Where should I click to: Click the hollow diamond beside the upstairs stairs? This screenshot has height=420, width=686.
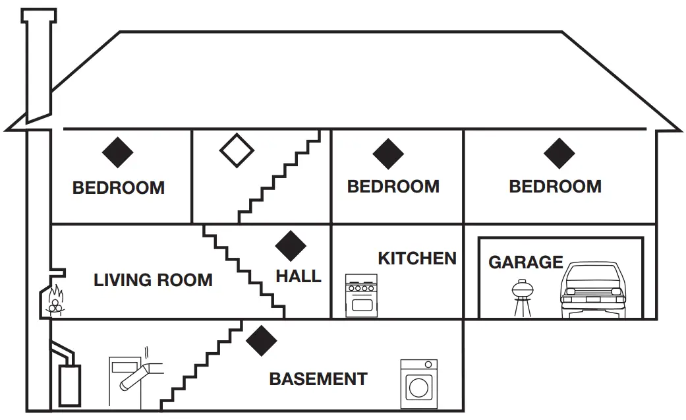pos(237,150)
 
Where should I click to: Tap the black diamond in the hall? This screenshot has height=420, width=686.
pos(290,247)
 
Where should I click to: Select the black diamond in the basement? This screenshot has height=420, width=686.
pos(262,340)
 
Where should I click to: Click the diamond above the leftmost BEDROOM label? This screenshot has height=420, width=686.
pos(118,152)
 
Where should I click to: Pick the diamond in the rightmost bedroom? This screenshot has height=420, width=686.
pos(559,153)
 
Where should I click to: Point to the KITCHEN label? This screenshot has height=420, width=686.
pos(416,258)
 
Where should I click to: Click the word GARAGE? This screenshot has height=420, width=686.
pos(525,262)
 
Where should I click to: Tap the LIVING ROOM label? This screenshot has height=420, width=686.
pos(153,280)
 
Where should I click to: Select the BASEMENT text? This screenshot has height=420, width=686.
pos(318,379)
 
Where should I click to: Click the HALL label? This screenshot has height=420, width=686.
pos(299,276)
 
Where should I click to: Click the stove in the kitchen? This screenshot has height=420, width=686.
pos(362,296)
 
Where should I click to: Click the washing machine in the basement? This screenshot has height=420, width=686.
pos(419,384)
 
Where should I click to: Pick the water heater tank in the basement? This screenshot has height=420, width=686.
pos(69,384)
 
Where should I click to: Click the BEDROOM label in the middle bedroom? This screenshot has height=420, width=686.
pos(393,187)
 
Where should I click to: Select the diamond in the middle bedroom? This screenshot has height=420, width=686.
pos(388,154)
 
